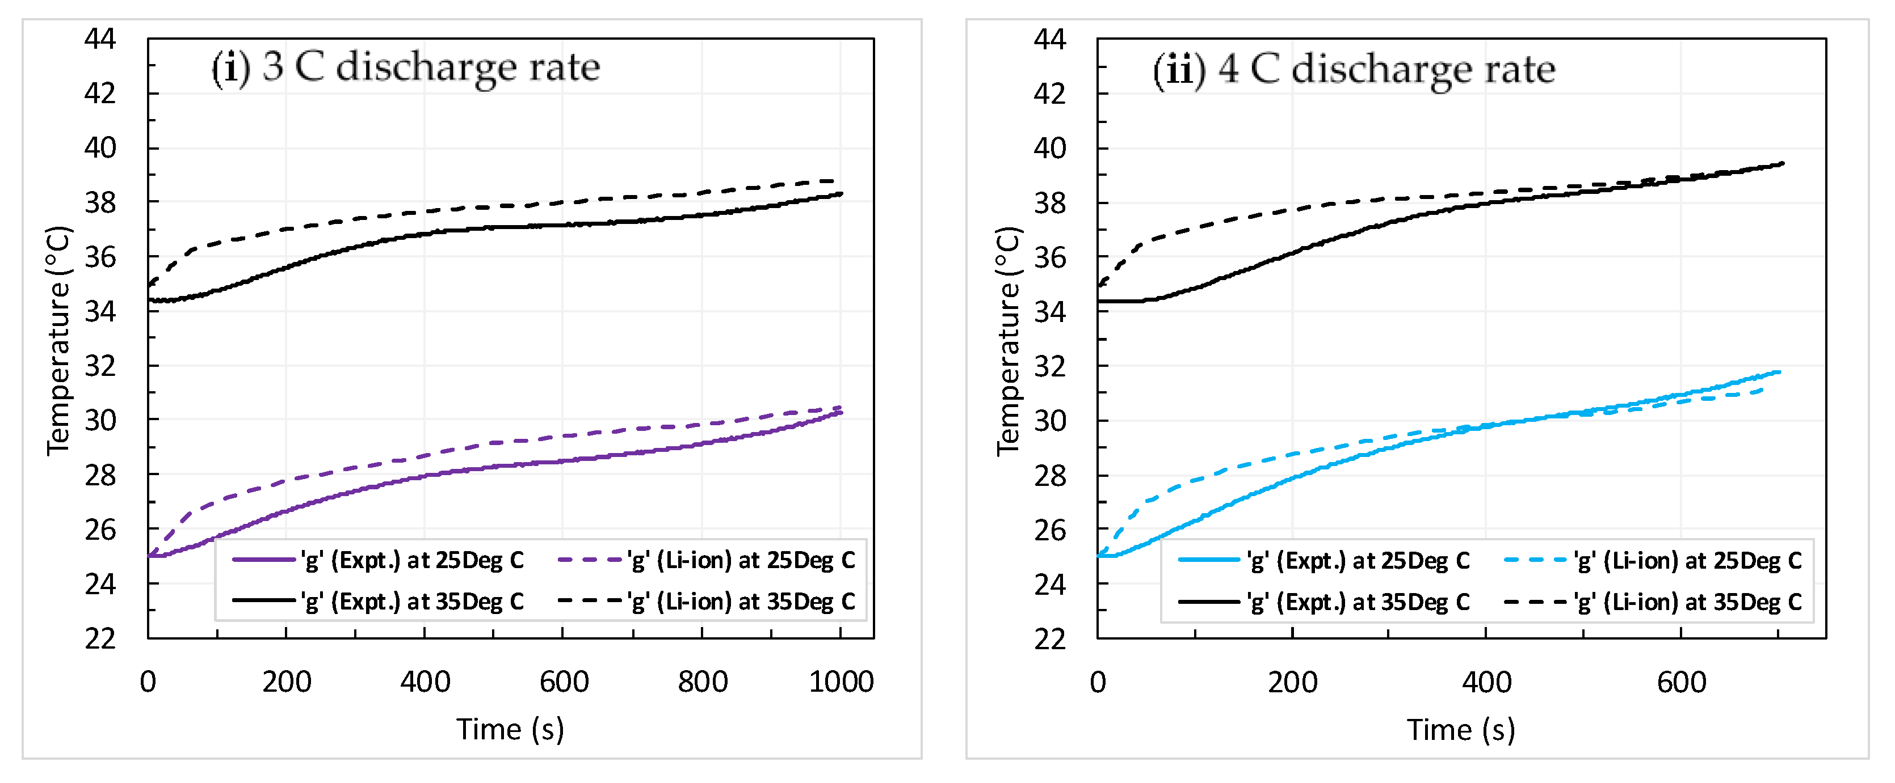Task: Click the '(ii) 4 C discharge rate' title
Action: point(1354,70)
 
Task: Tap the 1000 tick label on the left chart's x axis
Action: point(841,682)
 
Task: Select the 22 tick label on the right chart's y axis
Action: point(1050,639)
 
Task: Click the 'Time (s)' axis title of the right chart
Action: point(1461,730)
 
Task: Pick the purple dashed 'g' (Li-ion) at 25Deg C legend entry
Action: point(706,560)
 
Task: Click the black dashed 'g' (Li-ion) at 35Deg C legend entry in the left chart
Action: point(706,602)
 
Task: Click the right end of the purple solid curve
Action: point(841,412)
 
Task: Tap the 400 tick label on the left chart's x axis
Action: point(425,682)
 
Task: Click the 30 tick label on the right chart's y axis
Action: point(1050,421)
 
